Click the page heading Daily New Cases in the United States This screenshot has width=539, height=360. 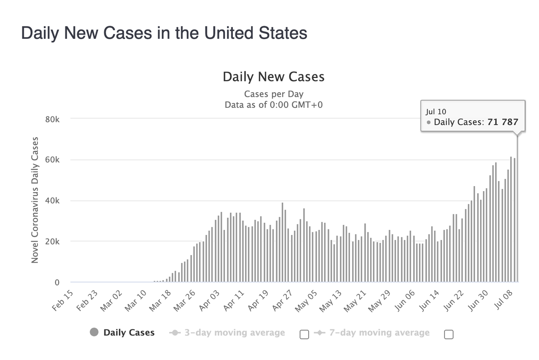[x=164, y=33]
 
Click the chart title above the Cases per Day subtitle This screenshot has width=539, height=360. [x=273, y=77]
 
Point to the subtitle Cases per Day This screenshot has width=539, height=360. [x=273, y=94]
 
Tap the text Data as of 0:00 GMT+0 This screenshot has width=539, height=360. [x=273, y=104]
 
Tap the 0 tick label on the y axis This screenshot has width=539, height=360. [x=57, y=283]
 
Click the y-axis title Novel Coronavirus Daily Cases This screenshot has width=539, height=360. [x=35, y=200]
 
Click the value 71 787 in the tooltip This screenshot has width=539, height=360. [x=503, y=123]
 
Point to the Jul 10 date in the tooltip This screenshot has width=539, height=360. [x=436, y=112]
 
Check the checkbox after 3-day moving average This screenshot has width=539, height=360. [x=304, y=334]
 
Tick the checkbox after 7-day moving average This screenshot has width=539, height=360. [x=449, y=334]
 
